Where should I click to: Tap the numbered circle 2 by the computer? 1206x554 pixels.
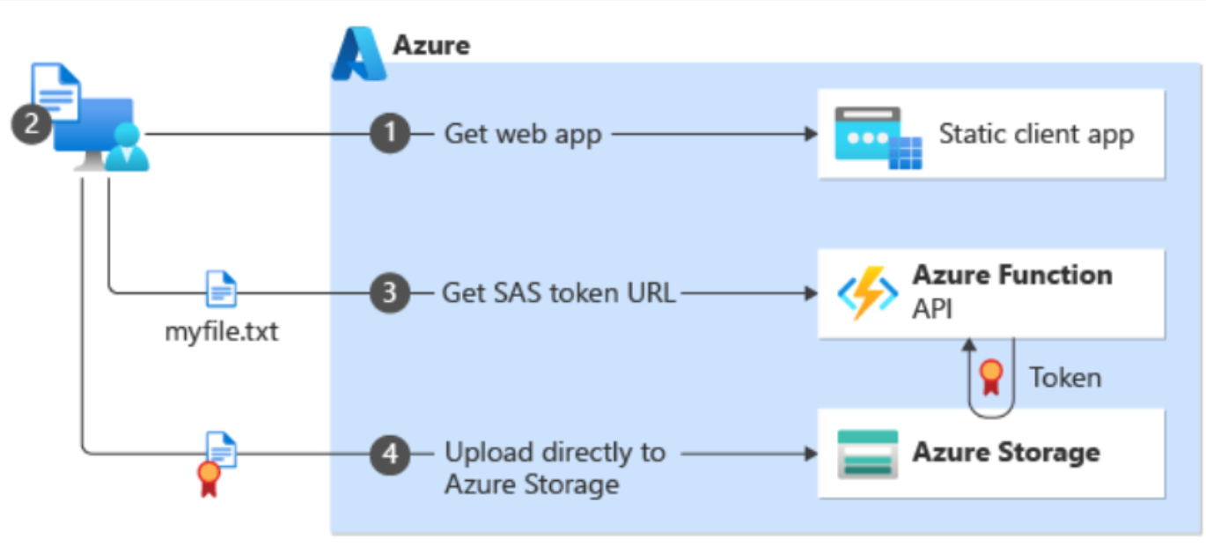coord(31,124)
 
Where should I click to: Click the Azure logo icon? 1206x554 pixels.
coord(359,55)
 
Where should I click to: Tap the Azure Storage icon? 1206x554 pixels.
coord(867,454)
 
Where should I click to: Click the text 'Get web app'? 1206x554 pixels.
coord(523,135)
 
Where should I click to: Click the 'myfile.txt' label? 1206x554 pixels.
coord(221,333)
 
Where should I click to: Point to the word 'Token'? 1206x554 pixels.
coord(1065,378)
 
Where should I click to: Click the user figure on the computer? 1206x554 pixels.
coord(128,148)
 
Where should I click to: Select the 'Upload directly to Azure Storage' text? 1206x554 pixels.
coord(555,468)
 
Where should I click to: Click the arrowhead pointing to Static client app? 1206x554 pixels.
coord(811,135)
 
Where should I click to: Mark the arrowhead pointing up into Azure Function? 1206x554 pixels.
coord(969,343)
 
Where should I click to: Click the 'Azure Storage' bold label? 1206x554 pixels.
coord(1006,453)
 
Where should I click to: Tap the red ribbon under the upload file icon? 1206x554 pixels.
coord(209,478)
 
